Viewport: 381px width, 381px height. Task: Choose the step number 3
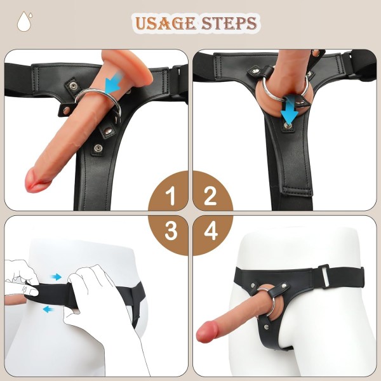click(x=171, y=231)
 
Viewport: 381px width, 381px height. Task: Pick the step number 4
click(x=210, y=231)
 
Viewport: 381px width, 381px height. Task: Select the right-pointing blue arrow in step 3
click(x=57, y=277)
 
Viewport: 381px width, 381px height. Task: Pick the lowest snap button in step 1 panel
click(x=98, y=148)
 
